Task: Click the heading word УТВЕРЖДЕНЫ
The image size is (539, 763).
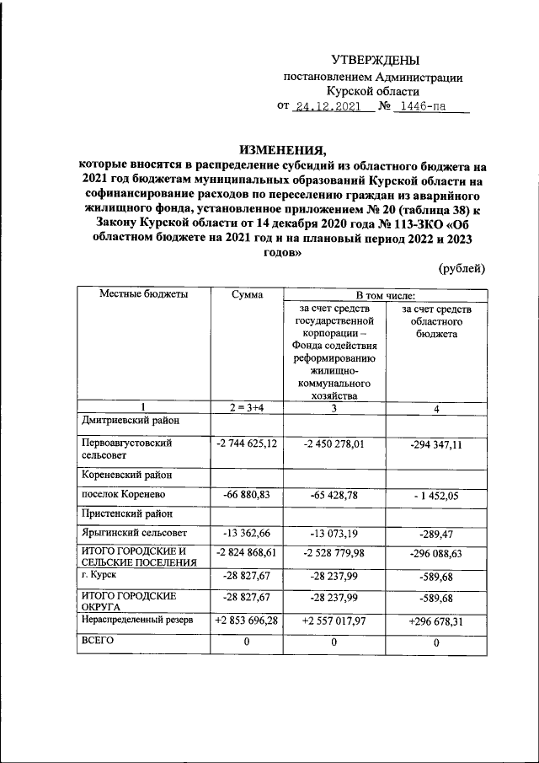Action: click(375, 59)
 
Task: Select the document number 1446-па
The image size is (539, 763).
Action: click(420, 107)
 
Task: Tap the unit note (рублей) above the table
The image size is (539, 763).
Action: click(462, 269)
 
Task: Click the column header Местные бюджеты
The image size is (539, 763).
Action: click(143, 294)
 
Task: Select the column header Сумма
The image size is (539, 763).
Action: click(248, 294)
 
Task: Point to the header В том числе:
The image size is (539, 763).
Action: click(385, 294)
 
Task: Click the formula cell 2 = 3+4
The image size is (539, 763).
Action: click(248, 408)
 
